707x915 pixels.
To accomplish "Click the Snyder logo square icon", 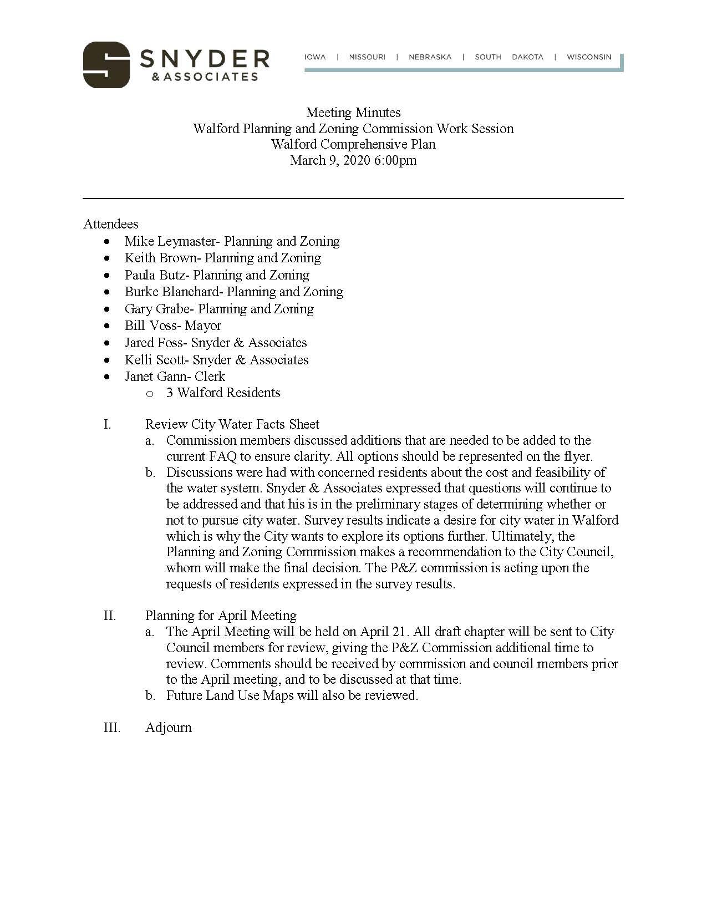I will tap(106, 65).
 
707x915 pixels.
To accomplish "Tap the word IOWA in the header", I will tap(315, 57).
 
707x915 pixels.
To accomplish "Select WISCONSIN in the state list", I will tap(589, 57).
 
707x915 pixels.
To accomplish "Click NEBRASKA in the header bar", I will tap(430, 57).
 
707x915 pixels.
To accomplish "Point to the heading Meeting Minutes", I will tap(353, 113).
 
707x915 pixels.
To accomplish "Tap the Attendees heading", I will tap(111, 224).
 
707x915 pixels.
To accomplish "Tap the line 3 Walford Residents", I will tap(223, 393).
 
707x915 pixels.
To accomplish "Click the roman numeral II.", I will tap(110, 616).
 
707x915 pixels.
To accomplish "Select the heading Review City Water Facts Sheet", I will tap(232, 424).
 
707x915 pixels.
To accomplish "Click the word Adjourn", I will tap(168, 728).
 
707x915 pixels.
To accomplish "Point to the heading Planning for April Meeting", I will tap(221, 616).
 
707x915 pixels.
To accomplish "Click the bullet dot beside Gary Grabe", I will tap(107, 309).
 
